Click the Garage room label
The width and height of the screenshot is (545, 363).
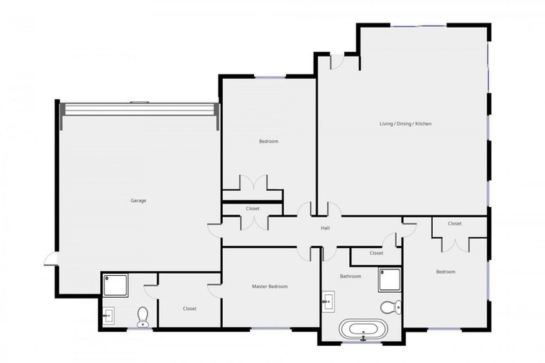pos(138,201)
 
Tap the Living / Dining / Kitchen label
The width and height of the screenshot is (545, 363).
pos(405,124)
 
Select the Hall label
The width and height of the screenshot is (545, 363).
pos(325,228)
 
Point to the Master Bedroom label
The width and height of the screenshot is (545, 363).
pos(270,286)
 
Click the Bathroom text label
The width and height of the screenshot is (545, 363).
pos(351,277)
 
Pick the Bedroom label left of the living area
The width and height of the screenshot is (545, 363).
pos(268,142)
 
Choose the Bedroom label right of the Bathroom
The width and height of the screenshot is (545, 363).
pos(446,272)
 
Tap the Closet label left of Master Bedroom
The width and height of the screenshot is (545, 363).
pos(189,308)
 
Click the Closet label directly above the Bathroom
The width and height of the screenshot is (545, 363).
pos(376,253)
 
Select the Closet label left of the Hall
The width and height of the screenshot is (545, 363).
pos(253,208)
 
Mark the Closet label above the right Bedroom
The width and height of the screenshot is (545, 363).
pos(455,224)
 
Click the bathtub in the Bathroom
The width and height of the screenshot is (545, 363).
pos(363,330)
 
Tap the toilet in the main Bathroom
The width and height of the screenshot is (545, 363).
pos(390,307)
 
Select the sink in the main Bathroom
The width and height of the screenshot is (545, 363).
pos(329,301)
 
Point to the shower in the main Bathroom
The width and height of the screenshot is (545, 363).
pos(389,279)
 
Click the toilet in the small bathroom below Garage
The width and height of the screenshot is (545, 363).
pos(143,315)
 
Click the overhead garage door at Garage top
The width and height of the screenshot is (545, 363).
pos(138,110)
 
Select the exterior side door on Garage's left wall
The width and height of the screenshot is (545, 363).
pos(50,259)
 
